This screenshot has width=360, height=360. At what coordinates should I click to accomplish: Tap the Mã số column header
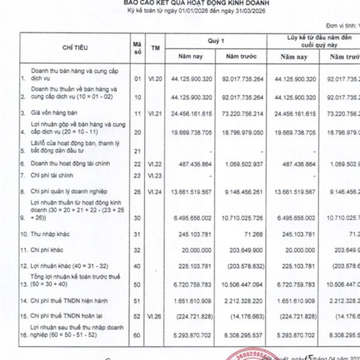point(137,46)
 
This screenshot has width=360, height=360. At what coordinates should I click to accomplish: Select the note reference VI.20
point(156,78)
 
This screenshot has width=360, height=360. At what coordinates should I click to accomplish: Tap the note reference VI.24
point(156,191)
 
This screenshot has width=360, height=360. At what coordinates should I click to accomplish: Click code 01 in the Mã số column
point(137,78)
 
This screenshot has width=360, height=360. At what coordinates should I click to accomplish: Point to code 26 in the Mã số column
point(137,191)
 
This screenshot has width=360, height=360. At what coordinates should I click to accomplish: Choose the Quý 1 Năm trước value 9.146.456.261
point(243,191)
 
